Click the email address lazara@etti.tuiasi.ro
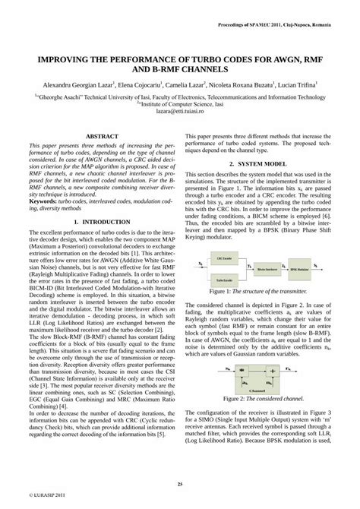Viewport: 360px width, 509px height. (x=180, y=111)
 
